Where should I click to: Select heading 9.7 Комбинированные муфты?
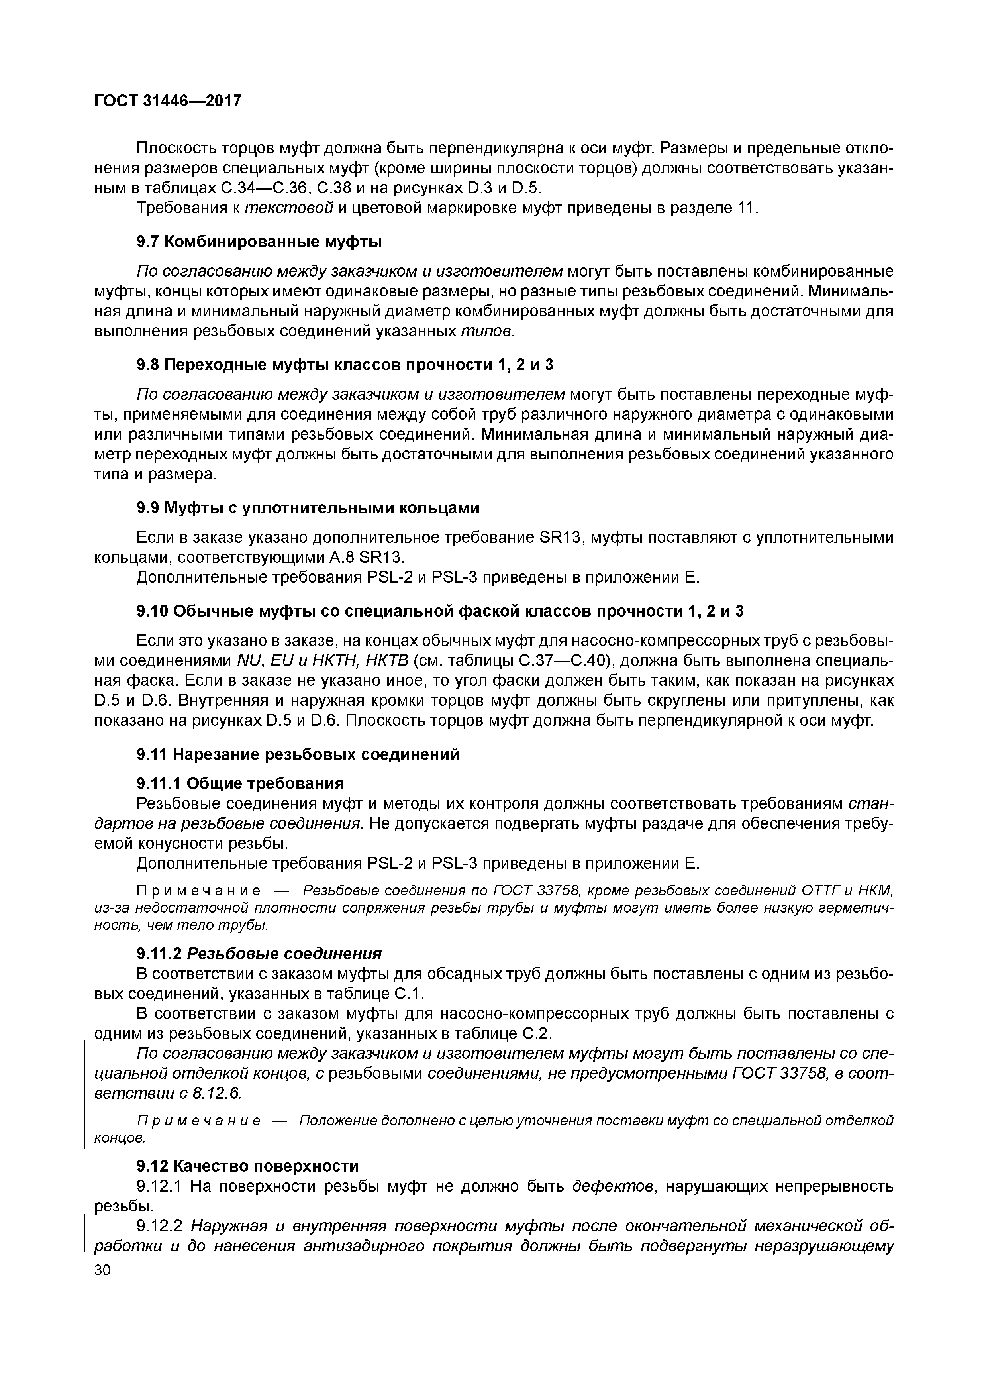259,242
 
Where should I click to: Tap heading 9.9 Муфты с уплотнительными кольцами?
308,508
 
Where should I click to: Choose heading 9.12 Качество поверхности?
247,1165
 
